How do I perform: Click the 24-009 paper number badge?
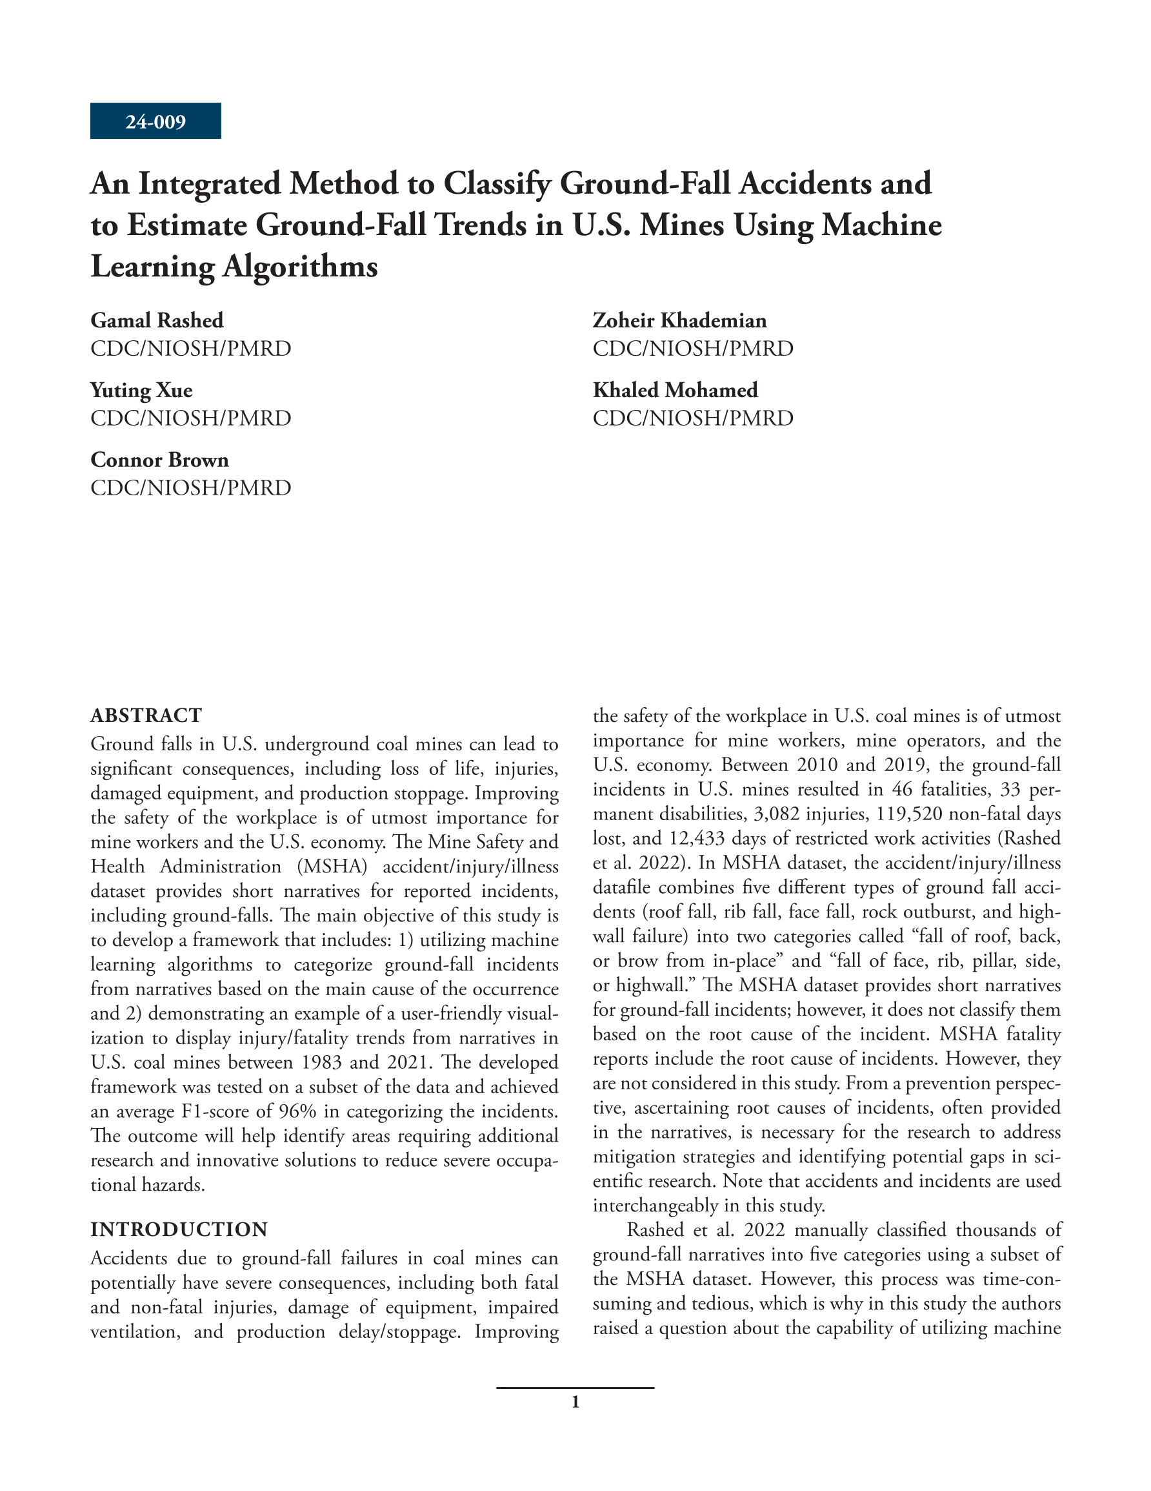pyautogui.click(x=155, y=121)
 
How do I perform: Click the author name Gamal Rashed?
pyautogui.click(x=157, y=320)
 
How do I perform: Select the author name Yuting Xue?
pyautogui.click(x=141, y=390)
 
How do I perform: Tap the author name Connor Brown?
pyautogui.click(x=159, y=460)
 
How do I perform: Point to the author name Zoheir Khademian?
pyautogui.click(x=679, y=320)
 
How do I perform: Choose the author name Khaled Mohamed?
pyautogui.click(x=675, y=390)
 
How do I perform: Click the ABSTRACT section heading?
pyautogui.click(x=146, y=715)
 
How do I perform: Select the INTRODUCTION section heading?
pyautogui.click(x=179, y=1229)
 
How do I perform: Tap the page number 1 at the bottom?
pyautogui.click(x=575, y=1403)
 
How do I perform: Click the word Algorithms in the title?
pyautogui.click(x=300, y=266)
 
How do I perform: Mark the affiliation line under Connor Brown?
pyautogui.click(x=190, y=488)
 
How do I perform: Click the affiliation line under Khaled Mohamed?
pyautogui.click(x=692, y=418)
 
